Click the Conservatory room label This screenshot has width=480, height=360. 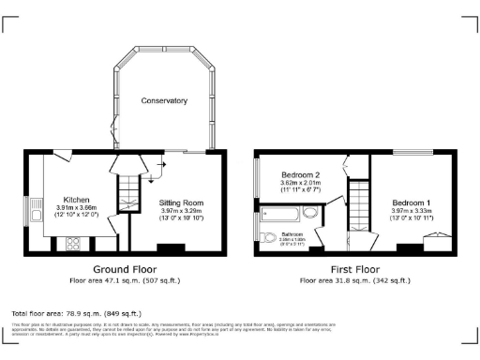point(164,100)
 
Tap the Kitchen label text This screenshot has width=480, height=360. point(76,200)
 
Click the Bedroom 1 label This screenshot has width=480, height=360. point(412,203)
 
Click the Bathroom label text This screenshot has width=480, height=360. point(292,233)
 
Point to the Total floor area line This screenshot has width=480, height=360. point(76,313)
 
